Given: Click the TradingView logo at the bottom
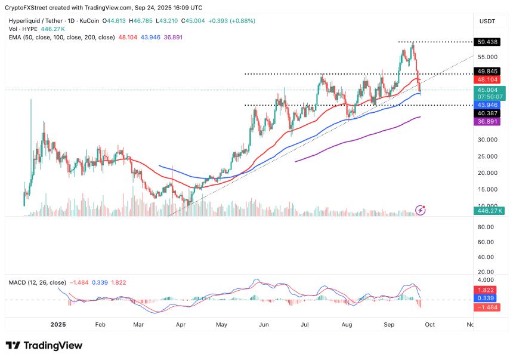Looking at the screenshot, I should point(44,346).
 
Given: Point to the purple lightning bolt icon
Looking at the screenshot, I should point(422,210).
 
